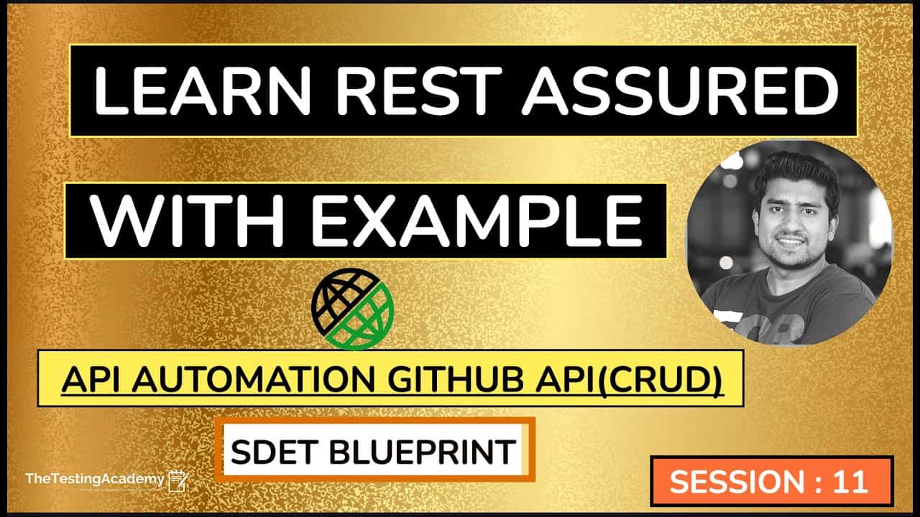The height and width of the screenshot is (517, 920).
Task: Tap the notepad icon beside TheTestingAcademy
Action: click(x=178, y=480)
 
